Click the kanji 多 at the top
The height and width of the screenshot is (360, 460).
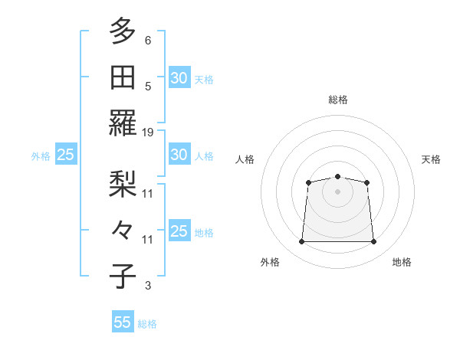pyautogui.click(x=123, y=32)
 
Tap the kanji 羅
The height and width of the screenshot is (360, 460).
pyautogui.click(x=123, y=123)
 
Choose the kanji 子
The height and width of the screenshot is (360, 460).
pyautogui.click(x=123, y=276)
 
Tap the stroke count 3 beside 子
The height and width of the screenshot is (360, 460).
pyautogui.click(x=148, y=286)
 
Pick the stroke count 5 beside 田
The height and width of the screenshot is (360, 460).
pyautogui.click(x=148, y=87)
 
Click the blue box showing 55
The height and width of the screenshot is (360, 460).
pyautogui.click(x=123, y=322)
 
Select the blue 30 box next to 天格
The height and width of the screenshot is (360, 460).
pyautogui.click(x=179, y=78)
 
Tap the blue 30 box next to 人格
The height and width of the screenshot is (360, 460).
pyautogui.click(x=179, y=155)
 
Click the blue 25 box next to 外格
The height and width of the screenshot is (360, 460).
pyautogui.click(x=65, y=155)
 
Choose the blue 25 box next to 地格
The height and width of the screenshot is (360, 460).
pyautogui.click(x=179, y=231)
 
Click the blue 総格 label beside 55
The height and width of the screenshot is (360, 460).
pyautogui.click(x=147, y=324)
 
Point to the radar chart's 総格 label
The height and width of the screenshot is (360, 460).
pyautogui.click(x=337, y=100)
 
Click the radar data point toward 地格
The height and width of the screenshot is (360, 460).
pyautogui.click(x=374, y=242)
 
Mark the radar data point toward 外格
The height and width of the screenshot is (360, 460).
pyautogui.click(x=301, y=242)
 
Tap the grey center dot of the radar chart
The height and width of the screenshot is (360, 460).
pyautogui.click(x=337, y=191)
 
